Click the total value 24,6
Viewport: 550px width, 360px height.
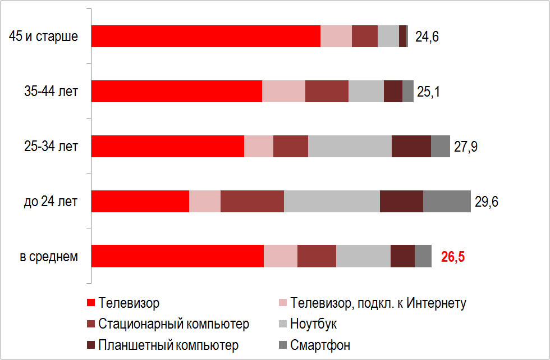click(x=427, y=37)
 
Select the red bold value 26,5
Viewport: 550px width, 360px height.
click(x=453, y=257)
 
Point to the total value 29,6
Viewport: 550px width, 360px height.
click(x=487, y=202)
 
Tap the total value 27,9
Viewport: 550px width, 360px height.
click(x=466, y=147)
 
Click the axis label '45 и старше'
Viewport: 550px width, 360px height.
click(x=43, y=37)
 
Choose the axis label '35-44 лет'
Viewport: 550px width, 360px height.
click(x=51, y=92)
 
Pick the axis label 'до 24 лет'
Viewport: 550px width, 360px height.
click(x=51, y=202)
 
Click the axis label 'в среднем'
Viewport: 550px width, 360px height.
click(x=49, y=257)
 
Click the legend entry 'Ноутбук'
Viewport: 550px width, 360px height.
click(x=314, y=324)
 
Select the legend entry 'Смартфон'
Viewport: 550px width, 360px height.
click(x=320, y=345)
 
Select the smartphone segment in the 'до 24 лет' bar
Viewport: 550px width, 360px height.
click(x=447, y=202)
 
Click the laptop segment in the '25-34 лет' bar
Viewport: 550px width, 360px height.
click(x=350, y=147)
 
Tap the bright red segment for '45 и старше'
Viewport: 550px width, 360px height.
click(x=205, y=37)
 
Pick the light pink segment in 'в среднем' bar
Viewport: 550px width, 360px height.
click(x=280, y=257)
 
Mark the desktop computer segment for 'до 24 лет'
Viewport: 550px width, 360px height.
click(x=252, y=202)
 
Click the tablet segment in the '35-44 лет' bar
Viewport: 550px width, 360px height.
click(x=393, y=92)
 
